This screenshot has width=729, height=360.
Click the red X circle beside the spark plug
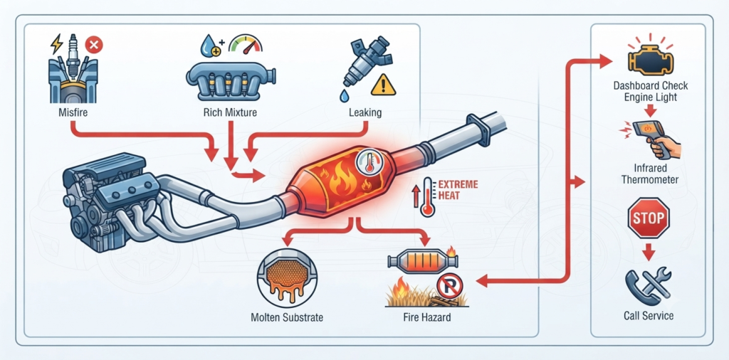point(94,46)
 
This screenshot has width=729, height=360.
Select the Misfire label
point(73,112)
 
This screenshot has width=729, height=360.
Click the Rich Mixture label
point(230,112)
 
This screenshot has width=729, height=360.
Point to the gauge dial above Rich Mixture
point(246,43)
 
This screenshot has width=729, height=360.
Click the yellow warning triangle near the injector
point(384,85)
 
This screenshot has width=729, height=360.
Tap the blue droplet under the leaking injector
point(344,96)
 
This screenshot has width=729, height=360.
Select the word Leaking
point(365,112)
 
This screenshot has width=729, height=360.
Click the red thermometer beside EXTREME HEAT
point(426,196)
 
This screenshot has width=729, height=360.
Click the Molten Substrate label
point(287,318)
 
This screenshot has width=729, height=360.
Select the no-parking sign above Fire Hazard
point(450,286)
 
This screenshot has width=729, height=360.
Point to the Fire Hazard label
point(427,318)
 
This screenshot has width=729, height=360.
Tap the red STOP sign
point(648,218)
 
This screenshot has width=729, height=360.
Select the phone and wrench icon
point(648,285)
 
